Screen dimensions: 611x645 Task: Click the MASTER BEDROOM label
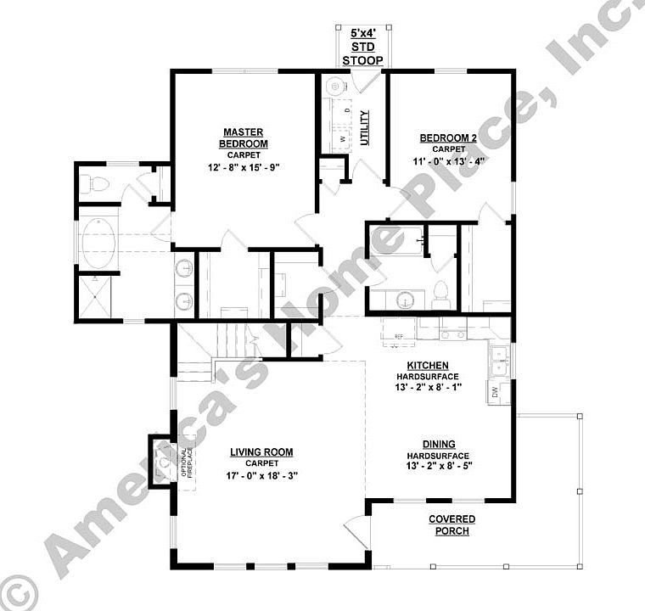244,137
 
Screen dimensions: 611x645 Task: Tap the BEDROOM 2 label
448,137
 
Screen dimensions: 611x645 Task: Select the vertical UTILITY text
364,127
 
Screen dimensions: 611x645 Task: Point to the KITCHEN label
428,365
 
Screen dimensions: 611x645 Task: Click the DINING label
440,444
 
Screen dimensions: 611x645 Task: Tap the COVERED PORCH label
451,524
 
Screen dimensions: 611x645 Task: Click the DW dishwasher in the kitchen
495,391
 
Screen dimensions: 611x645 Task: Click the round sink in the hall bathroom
407,299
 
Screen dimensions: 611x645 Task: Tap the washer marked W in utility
343,138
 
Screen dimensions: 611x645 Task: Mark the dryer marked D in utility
347,110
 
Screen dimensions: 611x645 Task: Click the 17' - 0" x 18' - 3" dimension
261,475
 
